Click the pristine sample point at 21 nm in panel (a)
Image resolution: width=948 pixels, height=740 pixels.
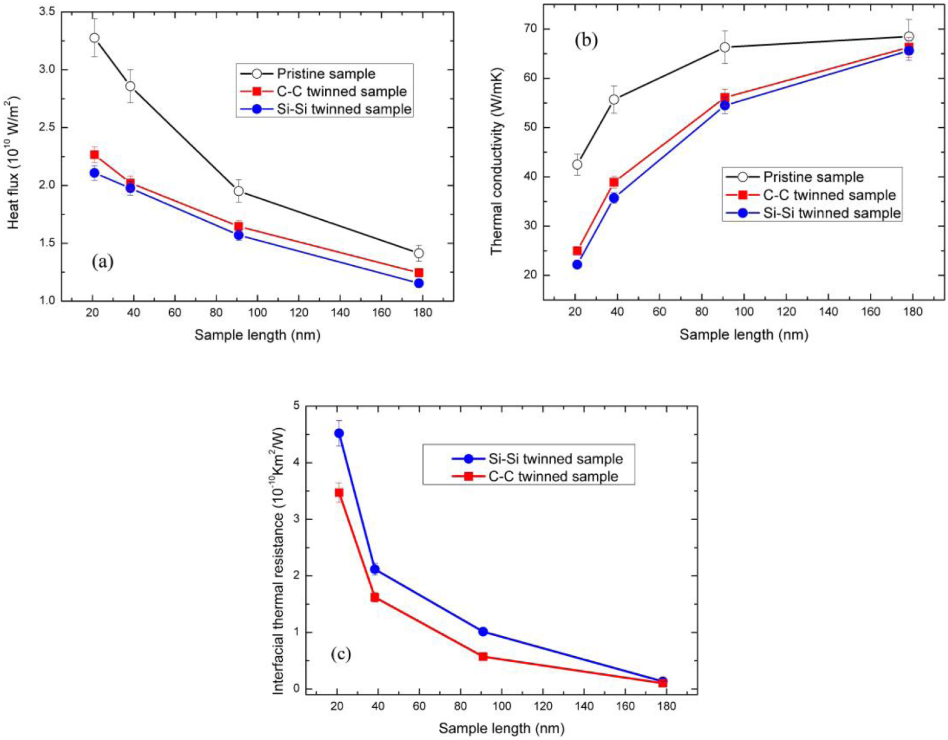coord(94,38)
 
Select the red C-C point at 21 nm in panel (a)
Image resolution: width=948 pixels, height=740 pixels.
coord(94,154)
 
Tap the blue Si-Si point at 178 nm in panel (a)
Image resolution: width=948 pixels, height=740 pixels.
coord(419,283)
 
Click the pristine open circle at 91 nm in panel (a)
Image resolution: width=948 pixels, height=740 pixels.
coord(238,191)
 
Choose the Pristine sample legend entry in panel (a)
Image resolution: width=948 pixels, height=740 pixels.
coord(325,74)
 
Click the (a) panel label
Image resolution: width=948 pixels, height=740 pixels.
coord(102,262)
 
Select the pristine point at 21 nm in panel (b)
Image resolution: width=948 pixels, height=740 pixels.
coord(577,165)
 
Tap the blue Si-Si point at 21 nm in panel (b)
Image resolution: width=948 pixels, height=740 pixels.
coord(577,264)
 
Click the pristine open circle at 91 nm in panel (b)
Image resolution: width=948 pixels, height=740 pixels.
coord(725,47)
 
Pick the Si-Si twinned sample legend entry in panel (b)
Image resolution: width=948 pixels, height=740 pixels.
coord(831,213)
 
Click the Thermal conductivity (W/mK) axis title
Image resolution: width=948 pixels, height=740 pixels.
coord(496,161)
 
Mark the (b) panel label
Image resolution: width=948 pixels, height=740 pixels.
coord(586,40)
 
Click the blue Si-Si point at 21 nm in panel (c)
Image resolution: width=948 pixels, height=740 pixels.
coord(338,433)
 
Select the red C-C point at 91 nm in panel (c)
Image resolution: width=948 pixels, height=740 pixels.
coord(483,656)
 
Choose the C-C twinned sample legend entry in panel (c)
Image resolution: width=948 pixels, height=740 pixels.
coord(553,476)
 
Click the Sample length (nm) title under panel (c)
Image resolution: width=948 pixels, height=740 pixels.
coord(501,728)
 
